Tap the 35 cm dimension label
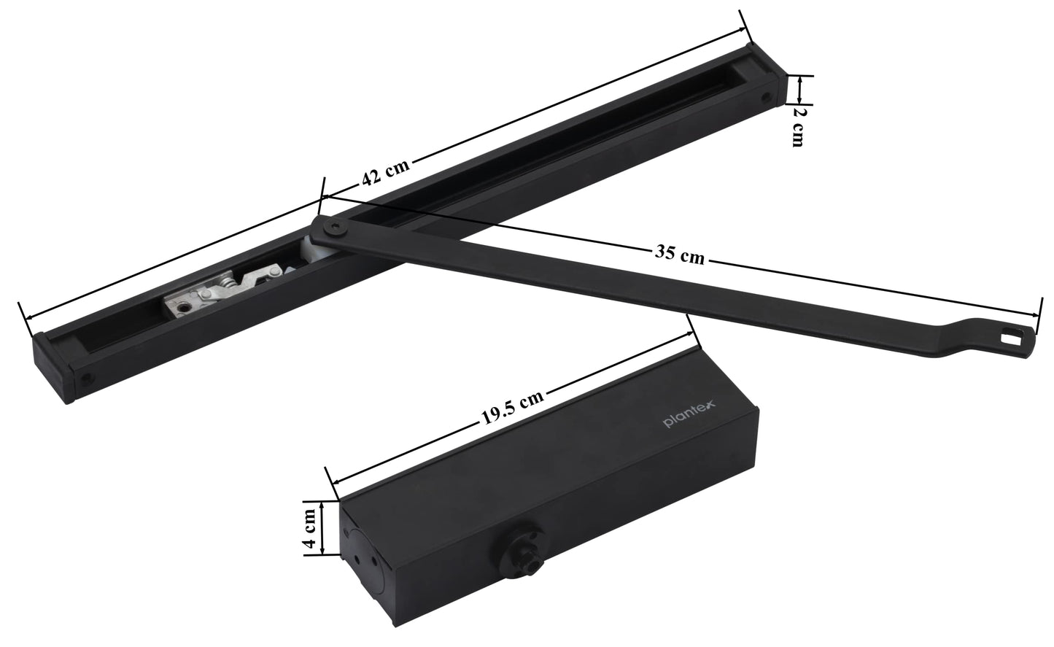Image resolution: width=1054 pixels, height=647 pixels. coord(680,255)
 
